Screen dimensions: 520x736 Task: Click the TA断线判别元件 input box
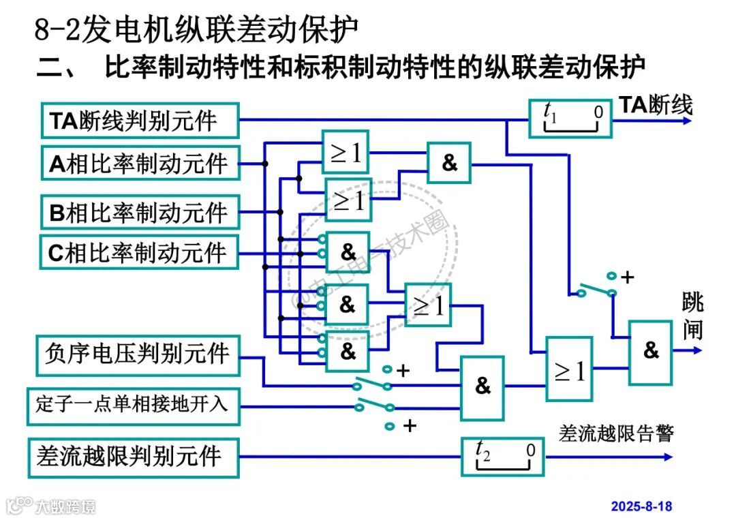pos(140,121)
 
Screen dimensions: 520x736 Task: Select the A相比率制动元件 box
pos(140,164)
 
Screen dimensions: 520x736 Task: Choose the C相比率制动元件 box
pos(140,252)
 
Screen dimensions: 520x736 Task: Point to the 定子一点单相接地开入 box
pos(134,406)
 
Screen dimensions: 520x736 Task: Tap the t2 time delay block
pos(503,456)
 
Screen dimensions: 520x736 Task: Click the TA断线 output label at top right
pos(655,105)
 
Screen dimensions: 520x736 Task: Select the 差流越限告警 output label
pos(615,433)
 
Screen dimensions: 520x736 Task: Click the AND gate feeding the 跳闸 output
pos(651,351)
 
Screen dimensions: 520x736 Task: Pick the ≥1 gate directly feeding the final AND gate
pos(569,369)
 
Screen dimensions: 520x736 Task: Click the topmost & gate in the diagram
pos(449,164)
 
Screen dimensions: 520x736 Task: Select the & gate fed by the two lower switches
pos(482,387)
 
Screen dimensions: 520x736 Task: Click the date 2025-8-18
pos(641,506)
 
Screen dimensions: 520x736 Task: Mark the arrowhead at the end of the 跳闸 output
pos(696,350)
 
